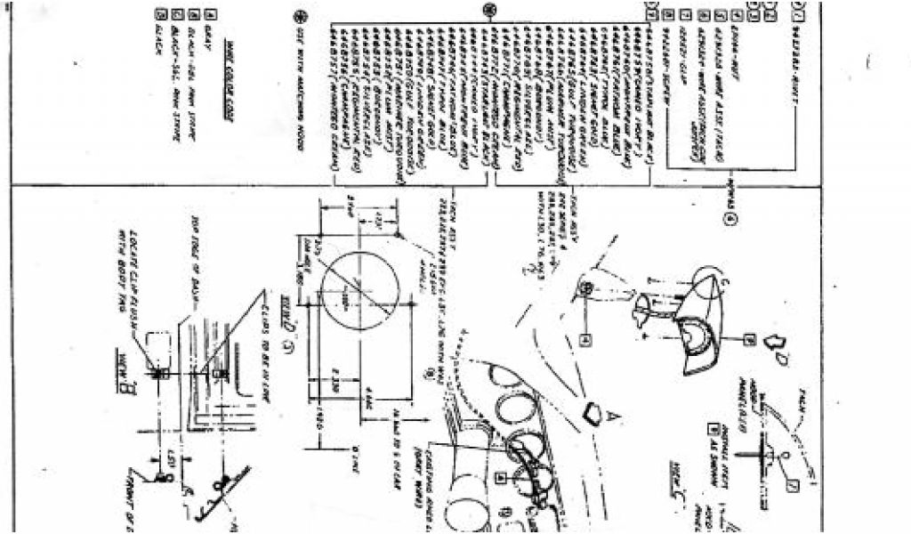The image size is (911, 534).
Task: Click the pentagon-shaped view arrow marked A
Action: (593, 410)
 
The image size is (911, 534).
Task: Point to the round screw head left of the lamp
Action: (587, 287)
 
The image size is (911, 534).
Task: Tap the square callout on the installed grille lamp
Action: (503, 477)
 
